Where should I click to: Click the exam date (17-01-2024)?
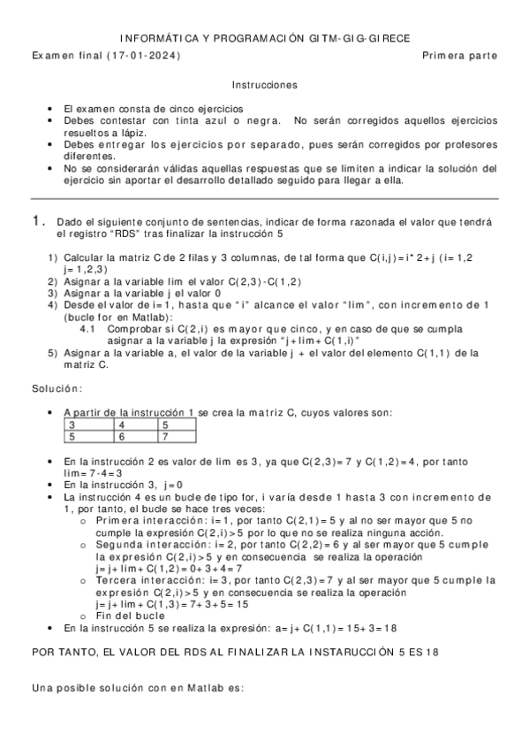click(x=143, y=56)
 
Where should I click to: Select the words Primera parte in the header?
click(x=459, y=56)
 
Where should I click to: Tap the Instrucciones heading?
click(x=264, y=85)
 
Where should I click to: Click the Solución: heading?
click(x=57, y=387)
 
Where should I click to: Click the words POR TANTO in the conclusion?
click(x=59, y=651)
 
